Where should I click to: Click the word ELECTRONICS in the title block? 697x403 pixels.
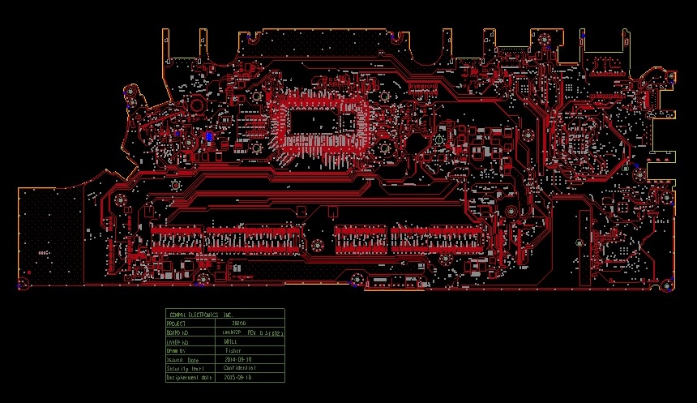coord(203,314)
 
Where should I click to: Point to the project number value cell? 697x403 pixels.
coord(238,323)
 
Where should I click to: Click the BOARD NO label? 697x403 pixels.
coord(178,332)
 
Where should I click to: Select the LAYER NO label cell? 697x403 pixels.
coord(178,341)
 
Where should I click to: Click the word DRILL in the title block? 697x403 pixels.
coord(230,341)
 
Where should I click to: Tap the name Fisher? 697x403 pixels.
coord(233,350)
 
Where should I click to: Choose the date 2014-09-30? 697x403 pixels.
coord(237,359)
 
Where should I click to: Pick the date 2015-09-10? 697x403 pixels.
coord(237,378)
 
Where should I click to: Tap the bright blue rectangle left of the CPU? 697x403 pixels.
coord(209,137)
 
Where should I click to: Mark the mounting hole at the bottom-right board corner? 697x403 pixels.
coord(665,283)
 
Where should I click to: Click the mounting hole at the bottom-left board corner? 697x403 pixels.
coord(24,283)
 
